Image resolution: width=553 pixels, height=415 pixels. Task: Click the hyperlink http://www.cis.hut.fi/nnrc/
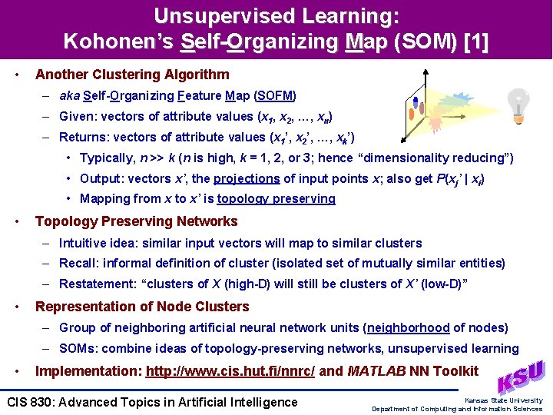point(230,371)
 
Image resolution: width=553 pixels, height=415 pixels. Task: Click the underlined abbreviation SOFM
point(275,96)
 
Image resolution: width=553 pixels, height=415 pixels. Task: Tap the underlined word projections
point(247,178)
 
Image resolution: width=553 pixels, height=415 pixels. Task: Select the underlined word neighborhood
point(409,327)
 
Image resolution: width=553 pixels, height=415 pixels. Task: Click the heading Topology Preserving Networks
point(137,221)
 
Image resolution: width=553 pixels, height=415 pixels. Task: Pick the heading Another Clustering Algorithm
point(132,75)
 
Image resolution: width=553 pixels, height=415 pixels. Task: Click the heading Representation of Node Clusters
point(142,307)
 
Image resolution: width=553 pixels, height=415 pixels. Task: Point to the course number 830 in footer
point(41,402)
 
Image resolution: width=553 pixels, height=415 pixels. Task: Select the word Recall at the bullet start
point(77,264)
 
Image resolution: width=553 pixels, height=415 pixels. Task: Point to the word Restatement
point(94,284)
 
